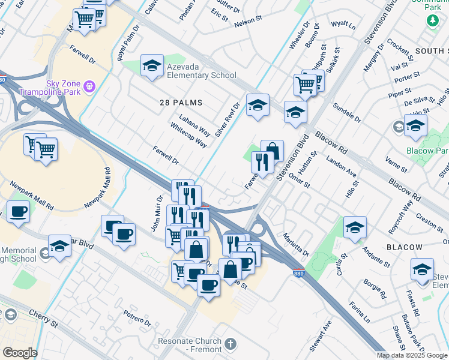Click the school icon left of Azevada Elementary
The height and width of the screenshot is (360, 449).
click(152, 66)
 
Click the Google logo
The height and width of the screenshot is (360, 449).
click(20, 352)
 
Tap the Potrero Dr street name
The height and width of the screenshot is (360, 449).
click(137, 322)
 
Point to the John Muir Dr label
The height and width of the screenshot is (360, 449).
click(157, 213)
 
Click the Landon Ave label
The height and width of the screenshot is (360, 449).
click(342, 168)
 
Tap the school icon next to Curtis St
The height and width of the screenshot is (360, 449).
click(355, 228)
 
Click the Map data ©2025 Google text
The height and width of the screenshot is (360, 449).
click(412, 355)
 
